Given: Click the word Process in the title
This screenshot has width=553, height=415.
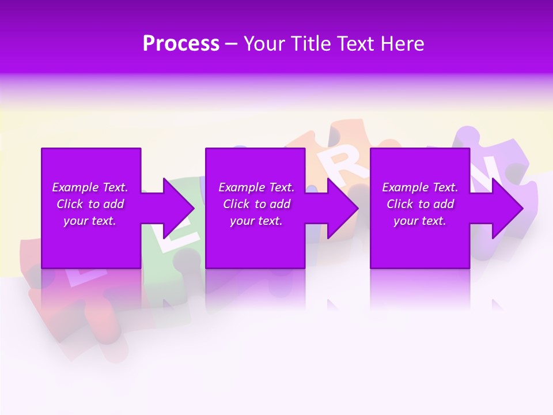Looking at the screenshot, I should pos(181,44).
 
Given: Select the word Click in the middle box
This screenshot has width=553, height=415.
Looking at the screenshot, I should pos(236,204).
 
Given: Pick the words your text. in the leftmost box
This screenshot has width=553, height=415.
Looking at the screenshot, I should pos(90,221).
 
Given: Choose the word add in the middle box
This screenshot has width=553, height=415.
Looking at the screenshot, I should pos(279,204).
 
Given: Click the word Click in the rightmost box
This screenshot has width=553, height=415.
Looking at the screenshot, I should pos(400,204).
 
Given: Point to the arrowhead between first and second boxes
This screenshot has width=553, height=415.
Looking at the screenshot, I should pos(179,208).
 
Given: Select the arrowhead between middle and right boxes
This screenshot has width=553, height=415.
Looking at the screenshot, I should pos(343,208).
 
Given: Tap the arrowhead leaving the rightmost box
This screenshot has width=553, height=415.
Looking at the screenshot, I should pos(507,208).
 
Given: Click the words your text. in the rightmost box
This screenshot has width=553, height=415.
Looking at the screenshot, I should pos(420,221).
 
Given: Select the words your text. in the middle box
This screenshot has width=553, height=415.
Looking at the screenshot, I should pos(256,221).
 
